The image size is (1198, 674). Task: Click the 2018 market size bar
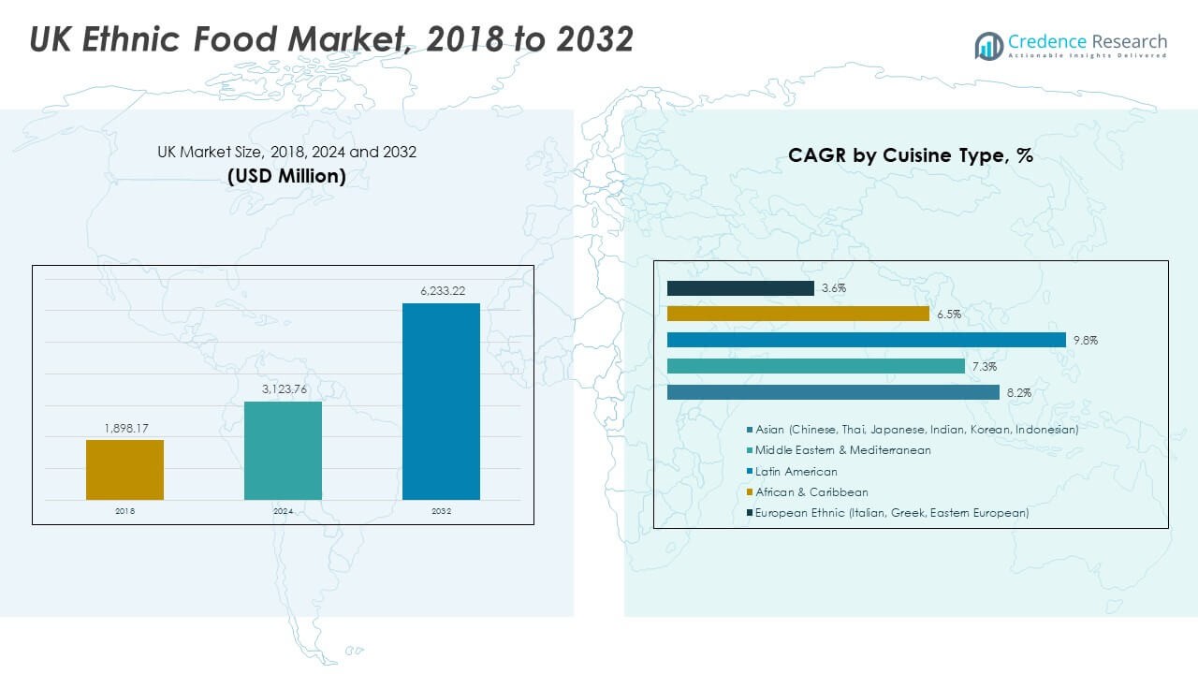[x=124, y=470]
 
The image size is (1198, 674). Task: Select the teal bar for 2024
[x=283, y=450]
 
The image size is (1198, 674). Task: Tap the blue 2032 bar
[x=441, y=402]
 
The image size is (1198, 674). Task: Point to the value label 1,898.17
[x=124, y=429]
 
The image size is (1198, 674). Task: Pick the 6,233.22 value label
[x=441, y=292]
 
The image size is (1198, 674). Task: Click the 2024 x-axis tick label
[x=283, y=512]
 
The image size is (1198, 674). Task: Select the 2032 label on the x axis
[x=441, y=512]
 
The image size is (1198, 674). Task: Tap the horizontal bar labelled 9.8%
[x=866, y=340]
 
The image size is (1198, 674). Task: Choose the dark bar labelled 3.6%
[x=740, y=288]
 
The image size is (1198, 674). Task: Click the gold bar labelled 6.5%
[x=797, y=314]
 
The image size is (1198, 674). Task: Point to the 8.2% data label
[x=1019, y=393]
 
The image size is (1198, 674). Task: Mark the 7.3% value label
[x=985, y=367]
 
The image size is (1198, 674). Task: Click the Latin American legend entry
[x=796, y=472]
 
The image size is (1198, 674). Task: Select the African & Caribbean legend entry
[x=811, y=492]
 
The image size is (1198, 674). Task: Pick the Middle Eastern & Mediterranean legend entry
[x=842, y=450]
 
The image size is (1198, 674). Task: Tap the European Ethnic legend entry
[x=891, y=513]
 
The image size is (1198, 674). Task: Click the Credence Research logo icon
[x=988, y=45]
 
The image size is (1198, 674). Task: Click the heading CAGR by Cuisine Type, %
[x=911, y=156]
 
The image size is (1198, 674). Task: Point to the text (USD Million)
[x=286, y=176]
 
